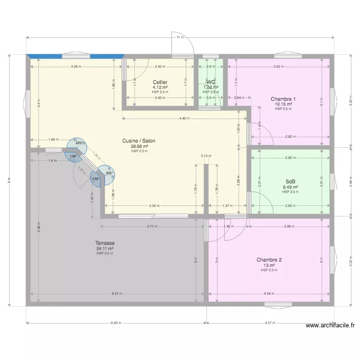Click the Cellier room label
[160, 82]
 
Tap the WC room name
[211, 82]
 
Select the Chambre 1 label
[283, 99]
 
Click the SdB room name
[290, 182]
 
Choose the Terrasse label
[105, 243]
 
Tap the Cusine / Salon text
[139, 141]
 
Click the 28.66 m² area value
[139, 146]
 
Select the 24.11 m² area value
[105, 248]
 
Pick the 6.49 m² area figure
[290, 187]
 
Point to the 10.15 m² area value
[283, 104]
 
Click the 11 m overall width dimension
[179, 37]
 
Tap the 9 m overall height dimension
[9, 180]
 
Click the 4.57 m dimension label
[270, 323]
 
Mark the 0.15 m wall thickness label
[206, 156]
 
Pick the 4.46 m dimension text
[184, 118]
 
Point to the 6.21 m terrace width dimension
[117, 294]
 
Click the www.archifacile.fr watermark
[330, 325]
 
